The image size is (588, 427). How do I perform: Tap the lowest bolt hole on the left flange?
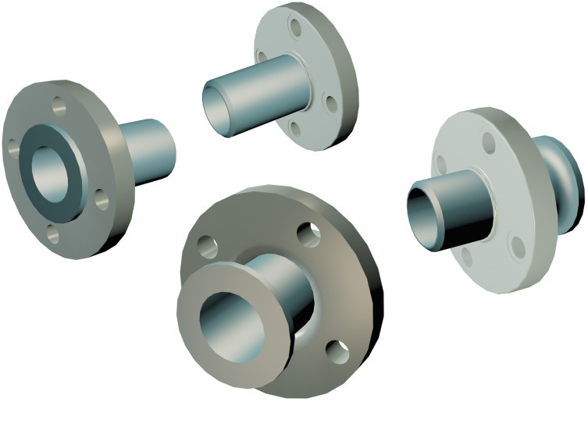pos(52,232)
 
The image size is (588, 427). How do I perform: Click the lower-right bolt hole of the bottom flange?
pos(338,352)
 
